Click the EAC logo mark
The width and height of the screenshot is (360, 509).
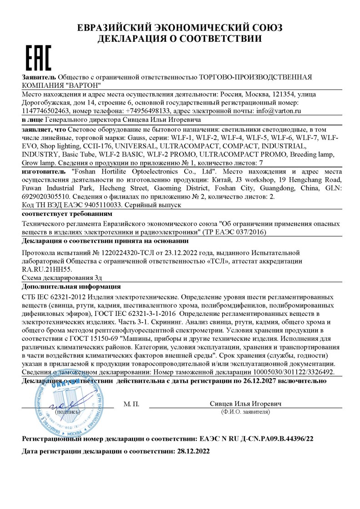point(37,57)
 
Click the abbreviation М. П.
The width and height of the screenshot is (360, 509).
point(132,404)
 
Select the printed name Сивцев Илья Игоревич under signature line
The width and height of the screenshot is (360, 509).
point(246,404)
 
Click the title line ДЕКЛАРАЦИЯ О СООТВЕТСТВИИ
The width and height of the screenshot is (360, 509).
point(180,39)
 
